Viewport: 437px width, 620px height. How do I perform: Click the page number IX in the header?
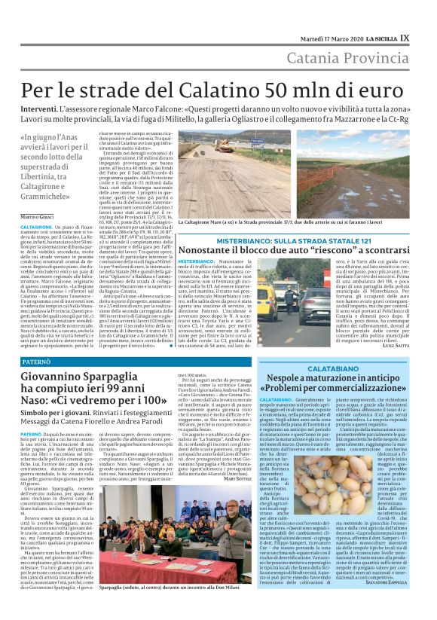coord(426,17)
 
